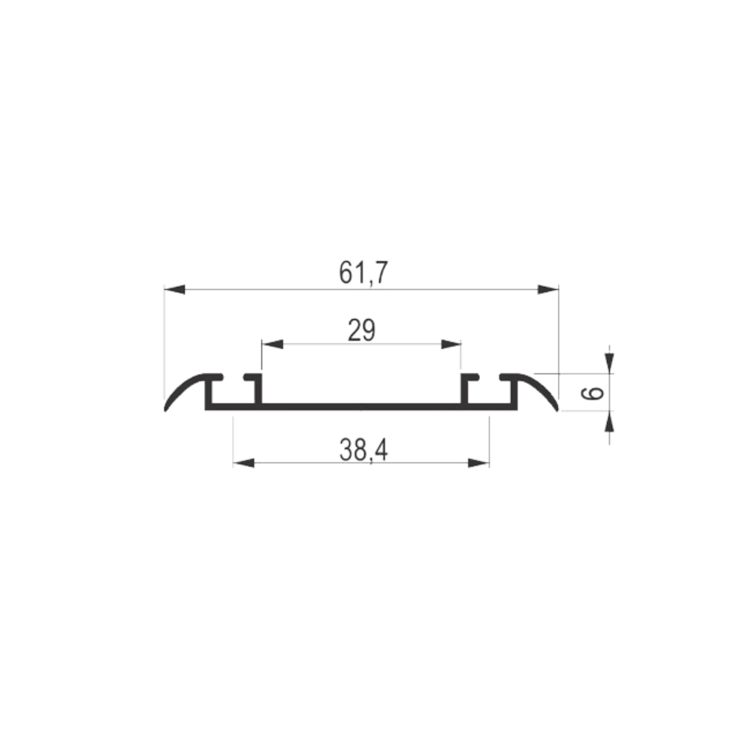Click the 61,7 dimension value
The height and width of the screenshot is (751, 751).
pyautogui.click(x=363, y=273)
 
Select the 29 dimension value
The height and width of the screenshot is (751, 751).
pyautogui.click(x=362, y=330)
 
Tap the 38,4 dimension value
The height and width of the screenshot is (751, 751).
pyautogui.click(x=363, y=450)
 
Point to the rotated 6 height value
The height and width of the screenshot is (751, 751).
pyautogui.click(x=592, y=394)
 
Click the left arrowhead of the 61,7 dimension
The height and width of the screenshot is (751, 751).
pyautogui.click(x=174, y=289)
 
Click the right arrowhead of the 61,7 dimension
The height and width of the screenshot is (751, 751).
pyautogui.click(x=548, y=289)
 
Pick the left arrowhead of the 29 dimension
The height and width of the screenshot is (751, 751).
pyautogui.click(x=273, y=345)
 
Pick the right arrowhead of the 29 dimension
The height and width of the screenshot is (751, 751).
pyautogui.click(x=451, y=345)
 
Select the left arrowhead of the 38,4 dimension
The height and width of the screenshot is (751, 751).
pyautogui.click(x=244, y=463)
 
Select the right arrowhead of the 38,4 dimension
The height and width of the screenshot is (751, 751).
pyautogui.click(x=478, y=463)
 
